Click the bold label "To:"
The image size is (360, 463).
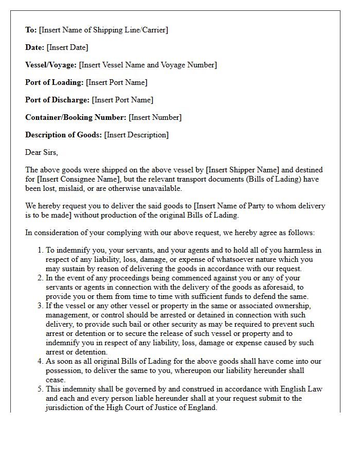[x=31, y=30]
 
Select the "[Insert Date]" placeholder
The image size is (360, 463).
[x=67, y=47]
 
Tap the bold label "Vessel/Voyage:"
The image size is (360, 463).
[x=51, y=65]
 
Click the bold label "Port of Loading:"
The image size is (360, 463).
[x=54, y=82]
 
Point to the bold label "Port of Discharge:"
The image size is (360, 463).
[x=57, y=100]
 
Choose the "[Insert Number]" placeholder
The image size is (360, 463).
[x=155, y=117]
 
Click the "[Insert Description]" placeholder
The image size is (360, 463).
[x=136, y=135]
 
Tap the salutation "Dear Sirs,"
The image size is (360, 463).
[x=42, y=152]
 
